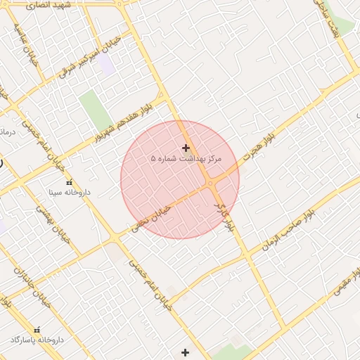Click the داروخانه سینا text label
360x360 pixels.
point(65,191)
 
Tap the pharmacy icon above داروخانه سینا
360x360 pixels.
point(69,182)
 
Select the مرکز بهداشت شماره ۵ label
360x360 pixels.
point(186,160)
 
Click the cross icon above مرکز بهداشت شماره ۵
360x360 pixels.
point(186,148)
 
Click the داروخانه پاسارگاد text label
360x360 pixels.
point(37,340)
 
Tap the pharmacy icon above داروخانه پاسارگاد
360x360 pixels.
point(37,330)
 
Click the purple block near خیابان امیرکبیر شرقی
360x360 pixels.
point(106,65)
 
